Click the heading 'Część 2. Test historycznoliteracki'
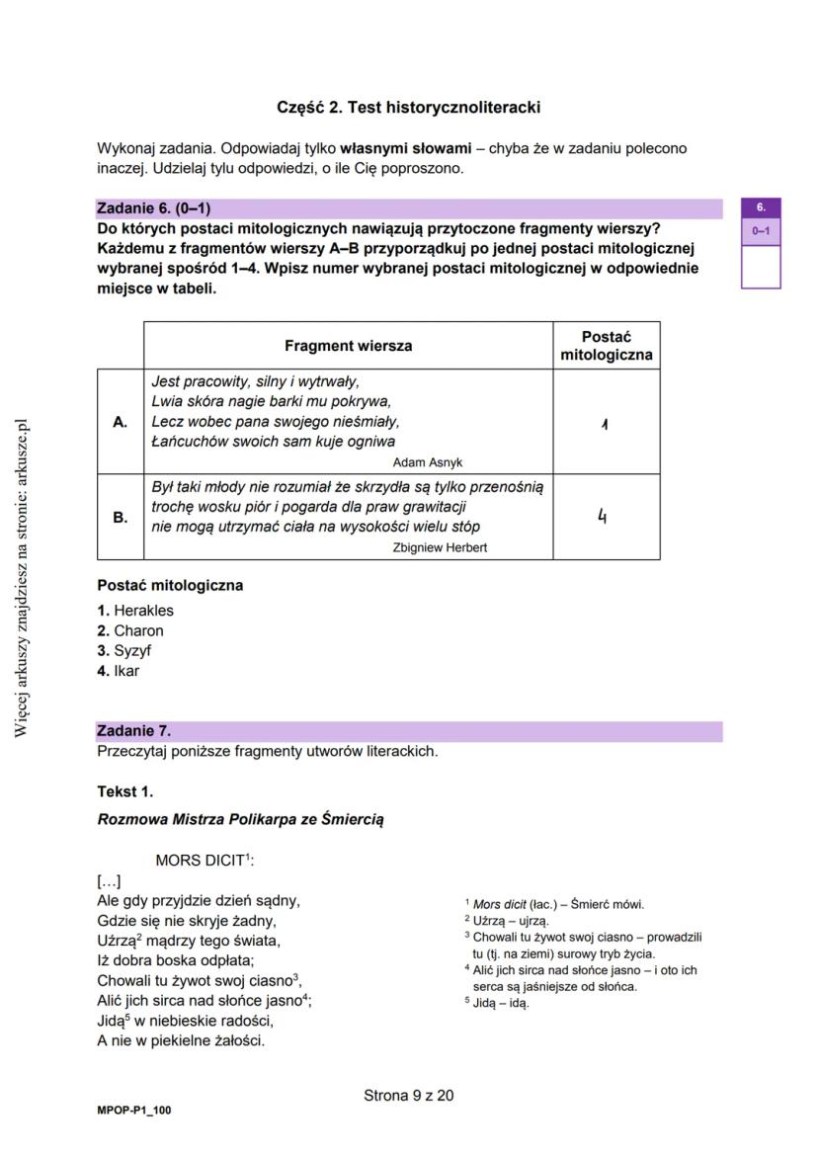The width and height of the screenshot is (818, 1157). coord(408,107)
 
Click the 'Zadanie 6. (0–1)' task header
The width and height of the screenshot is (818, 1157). coord(153,208)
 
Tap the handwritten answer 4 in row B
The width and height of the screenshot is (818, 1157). coord(602,515)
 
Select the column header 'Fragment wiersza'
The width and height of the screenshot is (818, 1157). coord(348,346)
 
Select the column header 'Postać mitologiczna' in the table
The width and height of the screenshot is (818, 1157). coord(606,346)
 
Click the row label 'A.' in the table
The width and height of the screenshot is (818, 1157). coord(121,422)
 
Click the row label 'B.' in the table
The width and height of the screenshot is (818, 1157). coord(121,517)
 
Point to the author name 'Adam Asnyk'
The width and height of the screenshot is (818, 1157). coord(427,462)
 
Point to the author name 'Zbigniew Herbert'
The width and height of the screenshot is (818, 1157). coord(440,547)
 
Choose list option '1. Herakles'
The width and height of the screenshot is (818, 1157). coord(135,611)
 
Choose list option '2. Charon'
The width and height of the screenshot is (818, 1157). coord(130,630)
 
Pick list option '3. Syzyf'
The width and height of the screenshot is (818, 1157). coord(124,651)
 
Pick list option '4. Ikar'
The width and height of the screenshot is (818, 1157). coord(119,671)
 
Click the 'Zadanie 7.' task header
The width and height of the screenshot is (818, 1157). coord(134,731)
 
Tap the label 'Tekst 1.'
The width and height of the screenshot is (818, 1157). coord(125,791)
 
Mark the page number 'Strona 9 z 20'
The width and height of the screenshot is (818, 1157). coord(409,1095)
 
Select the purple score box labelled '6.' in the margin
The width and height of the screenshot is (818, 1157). coord(761,208)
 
